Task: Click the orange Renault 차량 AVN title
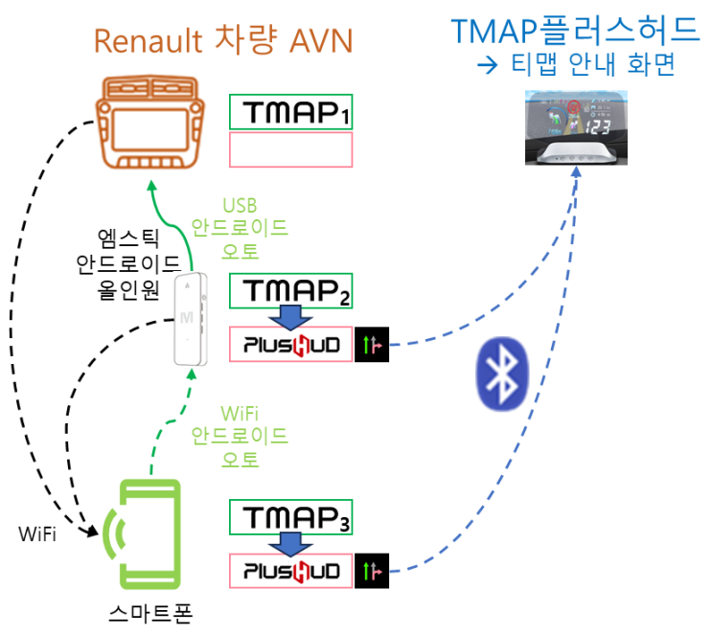222,40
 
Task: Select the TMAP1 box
291,112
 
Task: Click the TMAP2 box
291,291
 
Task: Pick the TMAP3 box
291,518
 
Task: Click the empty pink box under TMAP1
291,150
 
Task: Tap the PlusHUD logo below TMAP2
291,344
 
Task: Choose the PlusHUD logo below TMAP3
291,571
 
